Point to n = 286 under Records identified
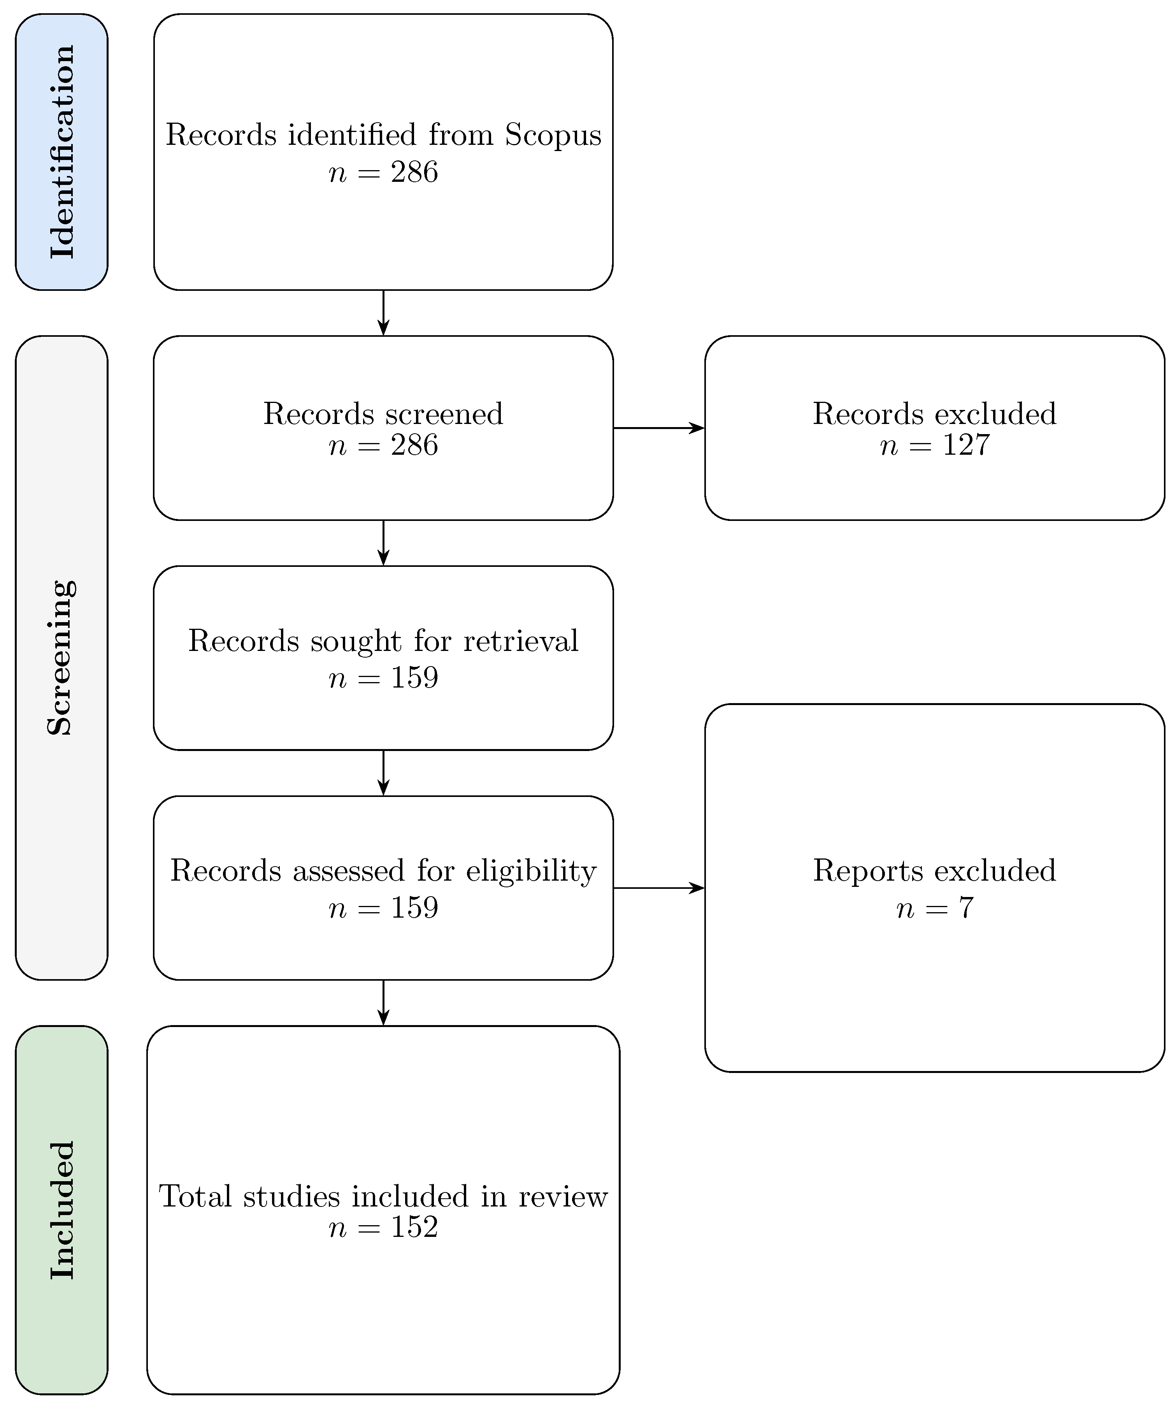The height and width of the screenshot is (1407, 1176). [383, 173]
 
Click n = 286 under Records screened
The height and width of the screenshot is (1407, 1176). [383, 445]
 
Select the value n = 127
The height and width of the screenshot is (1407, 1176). [934, 445]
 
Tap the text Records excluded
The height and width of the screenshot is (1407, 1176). [934, 414]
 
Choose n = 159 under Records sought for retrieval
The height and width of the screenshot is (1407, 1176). [383, 678]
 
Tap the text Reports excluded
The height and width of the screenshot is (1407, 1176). [934, 871]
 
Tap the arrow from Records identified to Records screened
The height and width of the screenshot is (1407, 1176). [383, 313]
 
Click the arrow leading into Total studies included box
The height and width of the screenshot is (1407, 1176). [383, 1002]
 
